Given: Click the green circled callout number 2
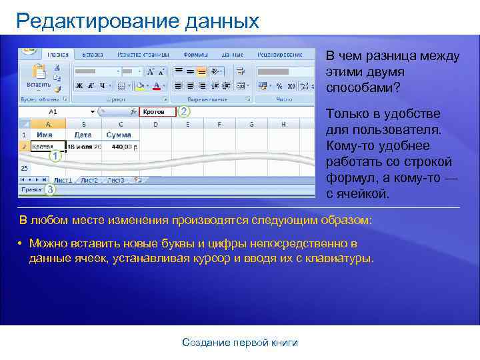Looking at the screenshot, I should pyautogui.click(x=184, y=111).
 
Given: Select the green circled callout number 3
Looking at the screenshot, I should pyautogui.click(x=49, y=189).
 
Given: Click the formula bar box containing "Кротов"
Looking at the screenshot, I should pyautogui.click(x=157, y=112).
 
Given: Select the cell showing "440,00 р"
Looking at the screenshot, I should pyautogui.click(x=121, y=146).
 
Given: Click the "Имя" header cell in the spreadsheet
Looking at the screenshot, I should pyautogui.click(x=45, y=135).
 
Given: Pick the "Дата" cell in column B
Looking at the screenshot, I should pyautogui.click(x=83, y=135).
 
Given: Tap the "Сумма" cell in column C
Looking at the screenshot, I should pyautogui.click(x=119, y=135).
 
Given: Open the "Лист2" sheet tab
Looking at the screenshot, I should pyautogui.click(x=89, y=180).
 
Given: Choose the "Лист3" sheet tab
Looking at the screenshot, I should pyautogui.click(x=116, y=180).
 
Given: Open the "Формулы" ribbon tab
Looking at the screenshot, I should pyautogui.click(x=195, y=54).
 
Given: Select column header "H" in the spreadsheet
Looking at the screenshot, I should pyautogui.click(x=283, y=124).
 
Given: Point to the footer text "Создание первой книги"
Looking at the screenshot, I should pyautogui.click(x=240, y=343).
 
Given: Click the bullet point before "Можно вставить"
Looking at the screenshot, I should pyautogui.click(x=21, y=243).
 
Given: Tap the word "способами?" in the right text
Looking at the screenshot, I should pyautogui.click(x=359, y=87).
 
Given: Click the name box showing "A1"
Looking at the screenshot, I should pyautogui.click(x=53, y=112).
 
